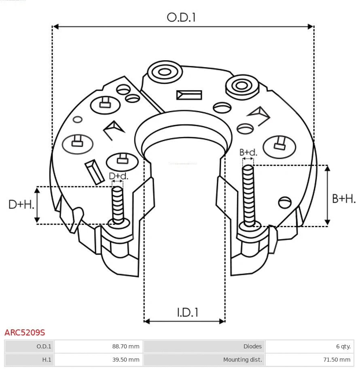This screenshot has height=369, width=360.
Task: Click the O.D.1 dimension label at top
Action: pos(181,17)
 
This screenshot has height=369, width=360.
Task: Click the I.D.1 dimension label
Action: pos(187,312)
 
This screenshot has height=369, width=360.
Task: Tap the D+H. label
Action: pos(21,205)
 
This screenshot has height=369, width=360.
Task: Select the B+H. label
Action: pos(344,198)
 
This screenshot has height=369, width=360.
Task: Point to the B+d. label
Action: pos(248,152)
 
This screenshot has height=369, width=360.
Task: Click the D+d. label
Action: pos(118,176)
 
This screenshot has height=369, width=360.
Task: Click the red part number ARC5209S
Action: pos(25,333)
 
